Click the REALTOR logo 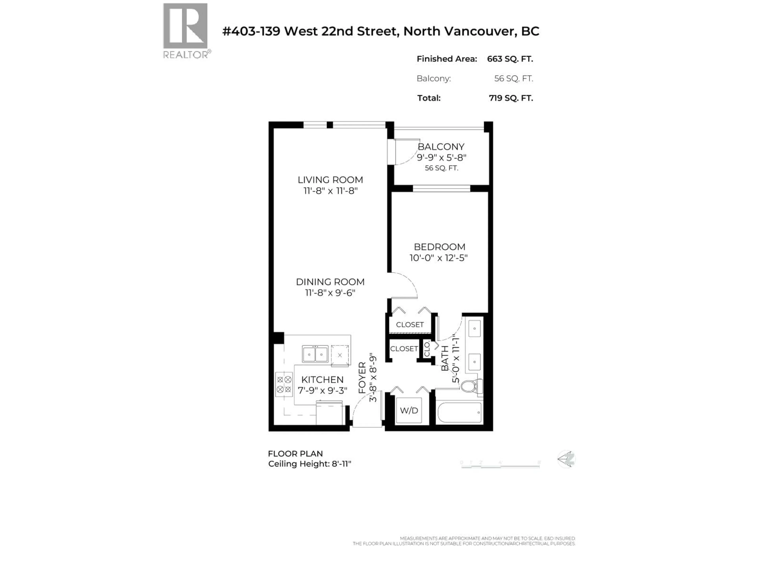point(185,30)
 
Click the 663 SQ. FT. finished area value point(510,59)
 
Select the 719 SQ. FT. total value point(511,98)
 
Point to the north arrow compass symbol point(566,459)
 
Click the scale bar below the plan point(500,466)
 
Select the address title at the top point(381,31)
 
